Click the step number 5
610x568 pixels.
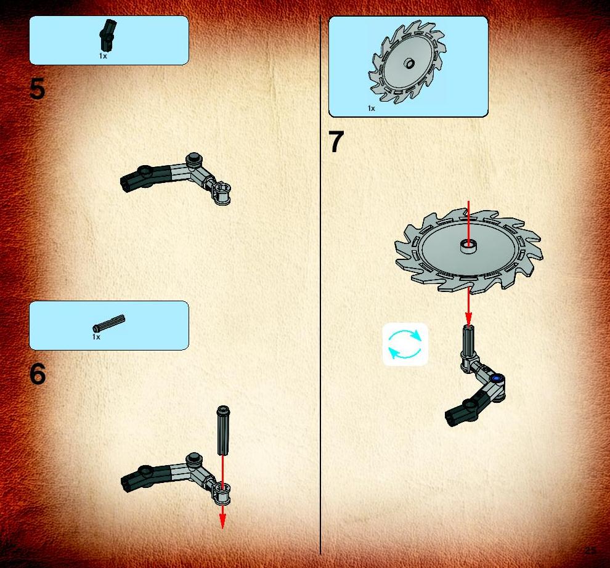coord(38,89)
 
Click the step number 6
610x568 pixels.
coord(38,374)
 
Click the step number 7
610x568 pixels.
coord(336,141)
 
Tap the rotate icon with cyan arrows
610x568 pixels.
coord(405,344)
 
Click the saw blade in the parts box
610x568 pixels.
coord(407,62)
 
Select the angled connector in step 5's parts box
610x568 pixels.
coord(108,35)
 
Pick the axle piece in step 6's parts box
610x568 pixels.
coord(109,323)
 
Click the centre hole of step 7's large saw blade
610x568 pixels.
coord(468,246)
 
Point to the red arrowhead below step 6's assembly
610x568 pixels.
coord(222,521)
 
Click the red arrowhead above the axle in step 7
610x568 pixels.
coord(468,318)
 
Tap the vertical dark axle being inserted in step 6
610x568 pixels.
coord(223,430)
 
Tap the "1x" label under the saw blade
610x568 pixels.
coord(372,108)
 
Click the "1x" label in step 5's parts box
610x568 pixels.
coord(103,56)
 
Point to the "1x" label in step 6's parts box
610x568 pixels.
coord(97,337)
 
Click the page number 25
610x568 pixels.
coord(590,550)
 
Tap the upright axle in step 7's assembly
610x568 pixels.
coord(468,343)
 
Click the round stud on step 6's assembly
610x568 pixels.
coord(193,459)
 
